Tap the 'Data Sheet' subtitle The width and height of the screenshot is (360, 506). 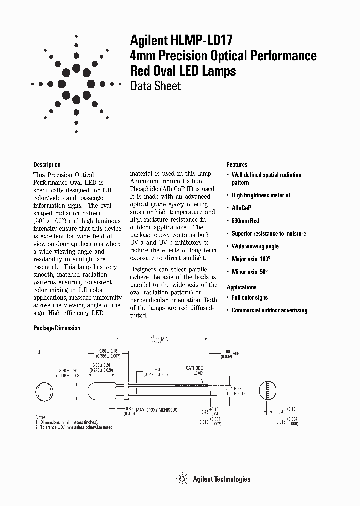click(155, 86)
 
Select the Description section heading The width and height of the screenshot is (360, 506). click(47, 164)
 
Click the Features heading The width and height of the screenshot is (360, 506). click(237, 164)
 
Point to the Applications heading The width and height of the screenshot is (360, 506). click(241, 287)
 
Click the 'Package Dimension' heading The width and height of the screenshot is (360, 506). click(56, 328)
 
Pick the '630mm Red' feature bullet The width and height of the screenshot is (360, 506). click(245, 221)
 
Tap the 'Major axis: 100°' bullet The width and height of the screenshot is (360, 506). click(251, 259)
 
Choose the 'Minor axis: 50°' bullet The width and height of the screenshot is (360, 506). click(250, 272)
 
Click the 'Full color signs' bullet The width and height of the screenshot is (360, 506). click(250, 298)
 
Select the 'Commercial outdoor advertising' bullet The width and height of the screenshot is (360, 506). click(270, 310)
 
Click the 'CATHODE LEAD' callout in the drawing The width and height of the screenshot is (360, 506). click(194, 370)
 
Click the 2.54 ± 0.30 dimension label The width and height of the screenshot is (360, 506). click(236, 389)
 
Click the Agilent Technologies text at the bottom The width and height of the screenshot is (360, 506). click(221, 479)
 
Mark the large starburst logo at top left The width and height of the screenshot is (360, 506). click(76, 83)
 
